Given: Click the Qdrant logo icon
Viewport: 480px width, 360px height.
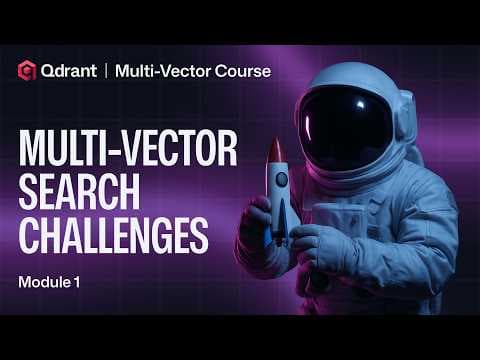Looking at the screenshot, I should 26,70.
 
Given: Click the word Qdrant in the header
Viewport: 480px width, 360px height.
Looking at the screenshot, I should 70,70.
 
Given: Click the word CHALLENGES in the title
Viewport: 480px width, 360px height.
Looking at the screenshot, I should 113,238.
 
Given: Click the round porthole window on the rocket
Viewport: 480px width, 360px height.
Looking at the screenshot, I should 282,179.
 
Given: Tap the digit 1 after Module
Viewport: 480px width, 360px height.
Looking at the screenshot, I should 75,283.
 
